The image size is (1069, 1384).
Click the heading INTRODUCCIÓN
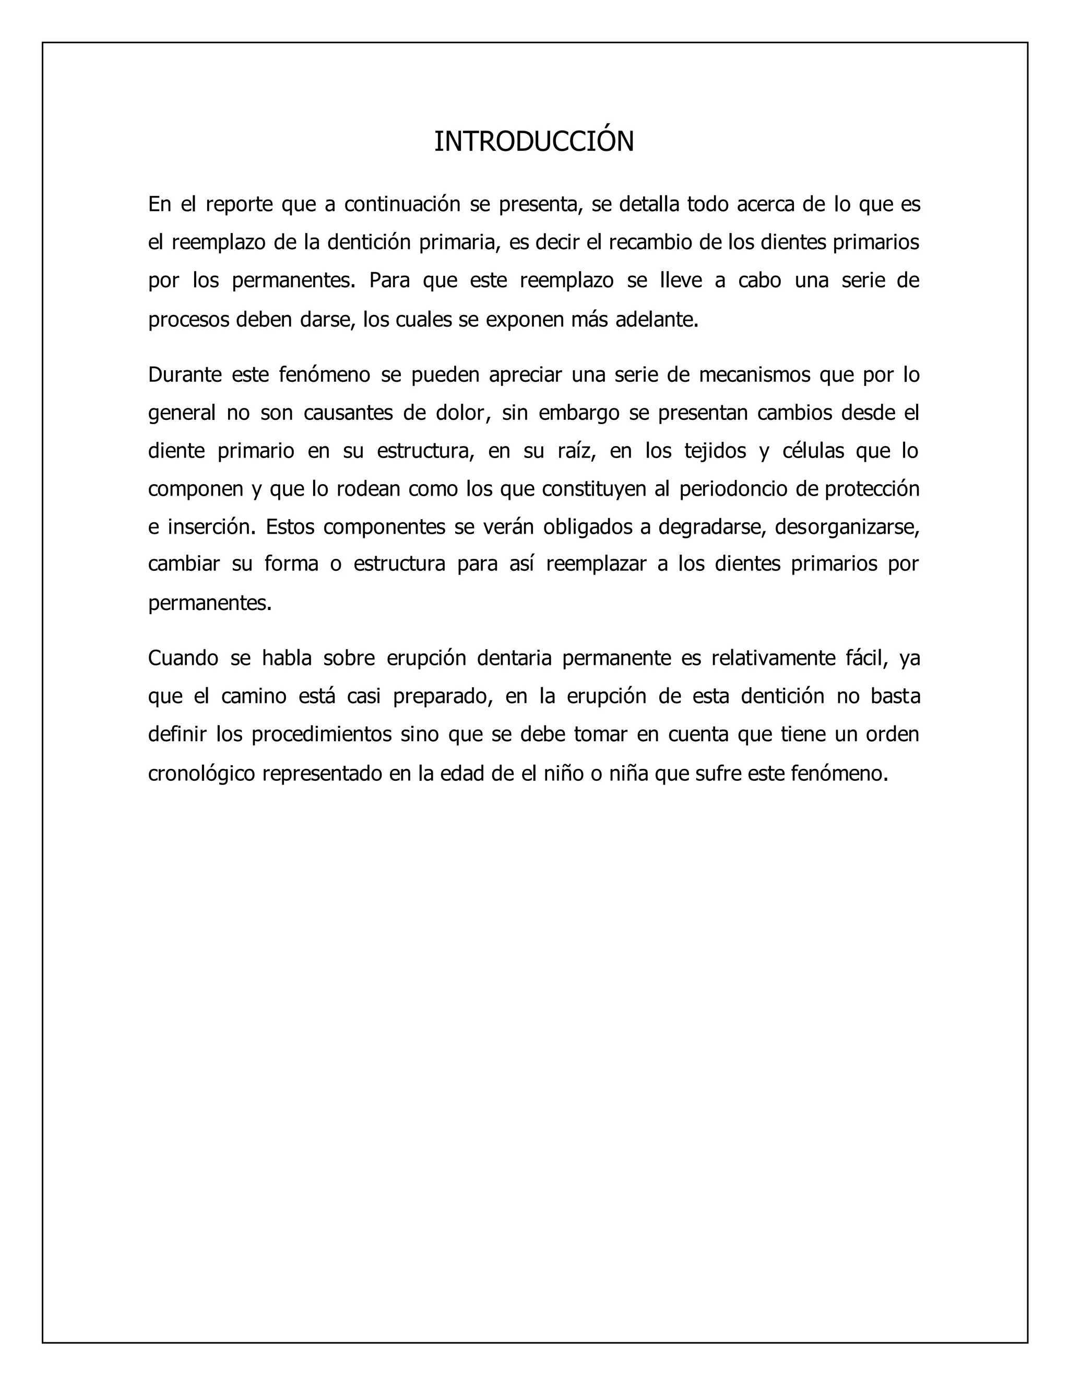tap(534, 142)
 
